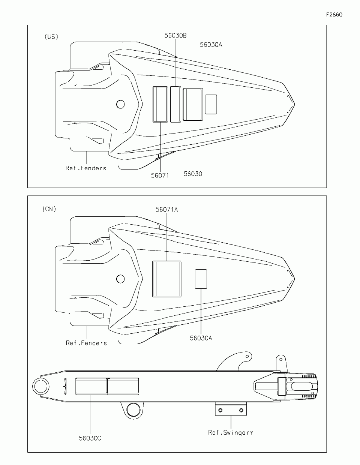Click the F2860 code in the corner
click(x=334, y=15)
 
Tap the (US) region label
click(x=51, y=37)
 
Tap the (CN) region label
click(x=49, y=209)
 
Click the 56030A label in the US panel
click(x=211, y=45)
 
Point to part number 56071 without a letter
click(x=160, y=175)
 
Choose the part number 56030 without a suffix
click(x=193, y=174)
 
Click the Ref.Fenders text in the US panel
click(x=86, y=168)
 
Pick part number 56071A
click(x=167, y=210)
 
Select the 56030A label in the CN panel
click(x=201, y=338)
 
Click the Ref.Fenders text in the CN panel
click(x=86, y=343)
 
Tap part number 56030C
click(x=90, y=438)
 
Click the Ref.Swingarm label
click(x=231, y=433)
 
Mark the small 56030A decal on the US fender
click(x=211, y=104)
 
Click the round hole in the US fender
click(x=120, y=104)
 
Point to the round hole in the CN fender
click(x=120, y=279)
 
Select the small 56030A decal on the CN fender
click(x=201, y=279)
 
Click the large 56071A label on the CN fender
click(x=166, y=279)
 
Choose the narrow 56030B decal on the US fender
click(x=175, y=104)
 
